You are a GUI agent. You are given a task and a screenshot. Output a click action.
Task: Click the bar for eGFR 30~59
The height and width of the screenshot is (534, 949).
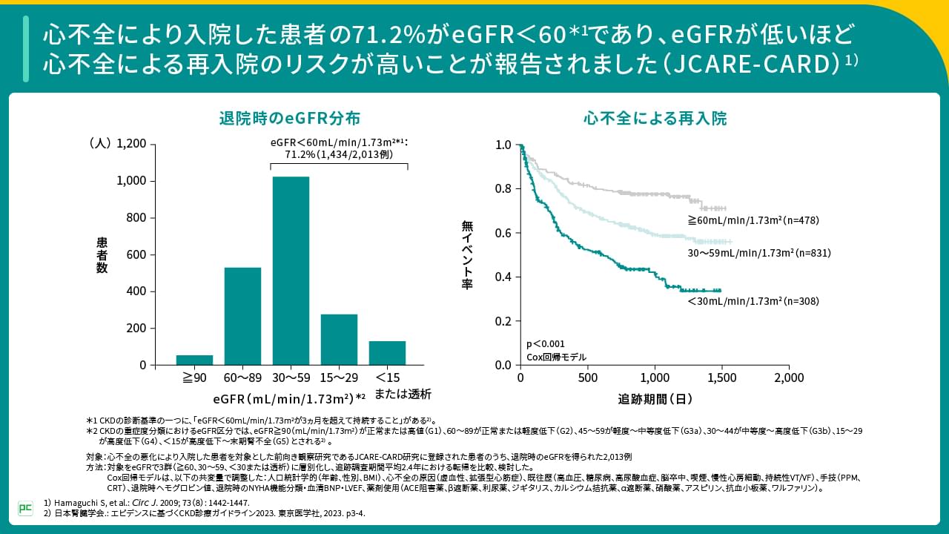pos(291,271)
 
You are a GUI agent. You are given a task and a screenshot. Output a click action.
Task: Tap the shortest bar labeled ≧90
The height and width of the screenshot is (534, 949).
pos(194,360)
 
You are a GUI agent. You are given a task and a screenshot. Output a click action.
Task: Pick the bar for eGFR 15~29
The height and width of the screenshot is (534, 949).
pos(340,340)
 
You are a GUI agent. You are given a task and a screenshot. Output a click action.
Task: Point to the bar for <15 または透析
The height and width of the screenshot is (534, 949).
pos(388,353)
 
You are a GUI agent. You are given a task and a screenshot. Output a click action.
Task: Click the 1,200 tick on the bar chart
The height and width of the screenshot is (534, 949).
pos(132,144)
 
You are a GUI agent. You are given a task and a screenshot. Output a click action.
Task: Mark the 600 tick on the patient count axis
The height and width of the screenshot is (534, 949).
pos(136,254)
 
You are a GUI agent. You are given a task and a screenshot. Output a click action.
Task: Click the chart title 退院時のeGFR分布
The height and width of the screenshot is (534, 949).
pos(290,118)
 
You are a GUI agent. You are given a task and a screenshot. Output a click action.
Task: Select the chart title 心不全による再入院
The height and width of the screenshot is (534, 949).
pos(655,118)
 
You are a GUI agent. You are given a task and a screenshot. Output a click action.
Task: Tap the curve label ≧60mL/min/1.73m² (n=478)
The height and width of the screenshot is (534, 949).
pos(753,220)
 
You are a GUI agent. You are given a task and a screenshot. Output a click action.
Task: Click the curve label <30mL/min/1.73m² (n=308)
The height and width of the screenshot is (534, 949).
pos(753,301)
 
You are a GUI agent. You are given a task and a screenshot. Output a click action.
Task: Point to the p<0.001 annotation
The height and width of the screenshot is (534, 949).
pos(545,343)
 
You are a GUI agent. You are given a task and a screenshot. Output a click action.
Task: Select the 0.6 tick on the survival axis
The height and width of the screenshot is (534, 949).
pos(503,233)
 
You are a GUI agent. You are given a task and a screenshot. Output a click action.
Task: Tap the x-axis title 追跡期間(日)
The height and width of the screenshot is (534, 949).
pos(655,399)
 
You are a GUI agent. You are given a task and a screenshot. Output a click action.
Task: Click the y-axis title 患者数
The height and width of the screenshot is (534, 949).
pos(102,254)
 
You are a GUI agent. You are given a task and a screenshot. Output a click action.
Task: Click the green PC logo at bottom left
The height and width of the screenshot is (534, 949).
pos(25,508)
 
